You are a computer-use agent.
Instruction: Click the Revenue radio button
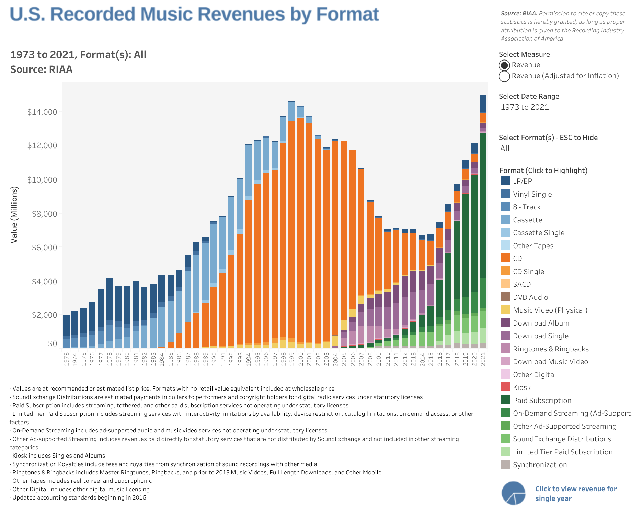tap(504, 65)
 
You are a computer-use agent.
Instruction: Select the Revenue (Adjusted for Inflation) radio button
tap(504, 76)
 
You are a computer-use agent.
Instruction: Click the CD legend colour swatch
tap(505, 258)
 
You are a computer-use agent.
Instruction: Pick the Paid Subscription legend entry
tap(542, 401)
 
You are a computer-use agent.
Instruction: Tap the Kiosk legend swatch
tap(505, 387)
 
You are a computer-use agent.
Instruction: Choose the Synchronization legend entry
tap(540, 465)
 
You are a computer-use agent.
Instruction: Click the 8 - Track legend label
tap(527, 207)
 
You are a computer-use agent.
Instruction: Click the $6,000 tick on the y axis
tap(42, 248)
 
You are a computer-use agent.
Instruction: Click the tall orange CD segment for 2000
tap(300, 230)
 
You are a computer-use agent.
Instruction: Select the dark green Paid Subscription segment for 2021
tap(483, 206)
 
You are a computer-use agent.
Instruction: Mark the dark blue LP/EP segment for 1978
tap(110, 299)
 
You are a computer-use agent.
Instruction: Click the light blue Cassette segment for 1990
tap(214, 254)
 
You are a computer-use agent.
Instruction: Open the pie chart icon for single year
tap(514, 493)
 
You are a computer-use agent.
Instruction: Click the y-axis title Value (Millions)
tap(14, 215)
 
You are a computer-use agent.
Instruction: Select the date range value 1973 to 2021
tap(525, 107)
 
